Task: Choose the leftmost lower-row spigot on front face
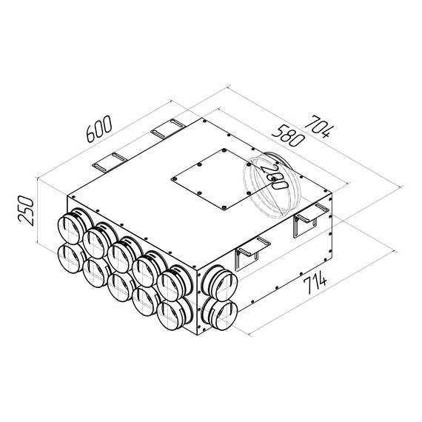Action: [70, 258]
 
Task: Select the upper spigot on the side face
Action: [220, 281]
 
